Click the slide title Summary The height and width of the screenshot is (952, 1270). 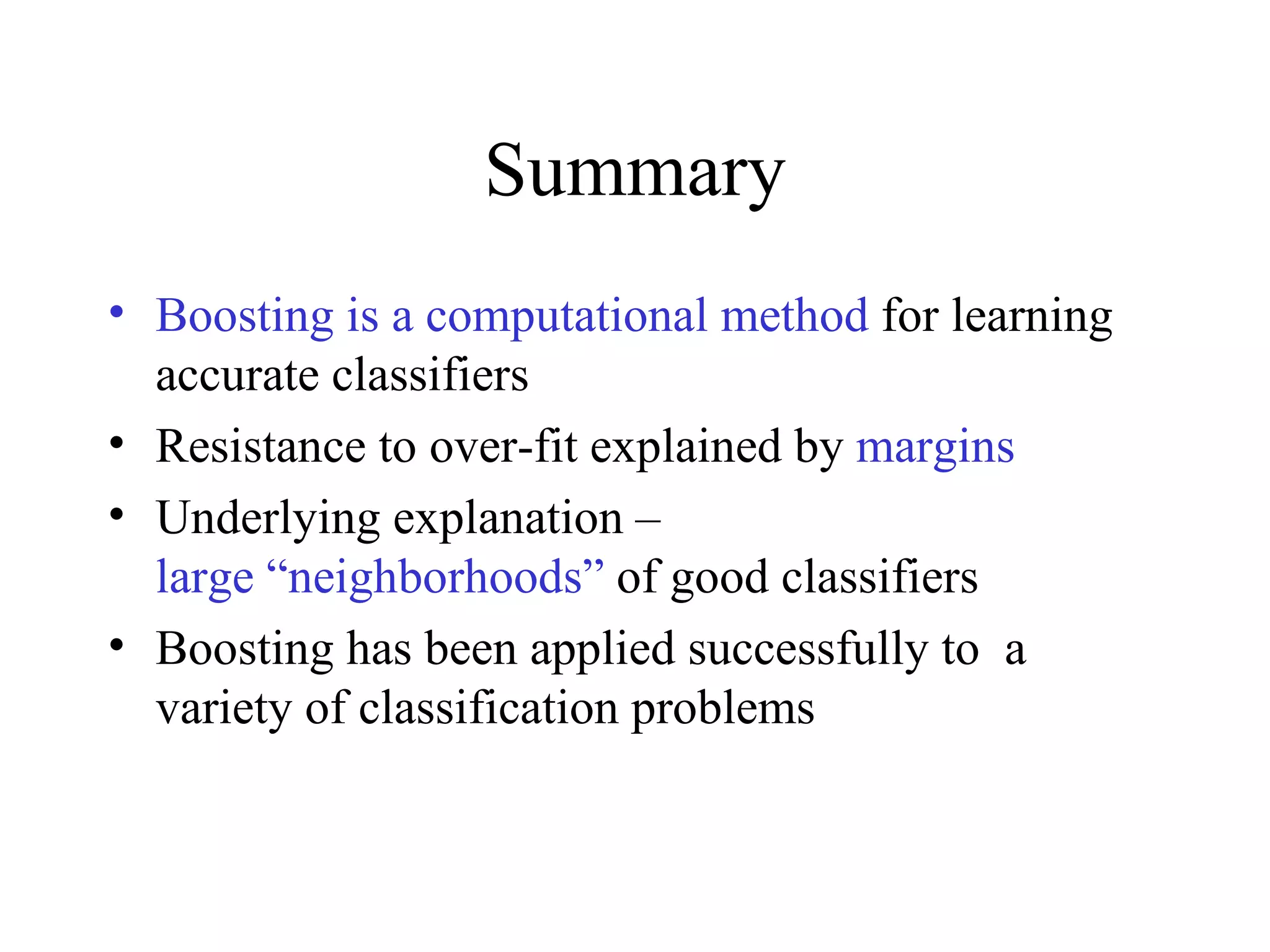coord(635,172)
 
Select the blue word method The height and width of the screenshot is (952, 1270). coord(794,316)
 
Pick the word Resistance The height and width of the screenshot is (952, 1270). coord(260,447)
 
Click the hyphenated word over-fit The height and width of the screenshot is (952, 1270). coord(503,447)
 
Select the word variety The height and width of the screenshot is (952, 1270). coord(223,709)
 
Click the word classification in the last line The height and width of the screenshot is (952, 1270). coord(488,708)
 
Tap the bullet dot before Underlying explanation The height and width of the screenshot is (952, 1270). coord(116,514)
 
